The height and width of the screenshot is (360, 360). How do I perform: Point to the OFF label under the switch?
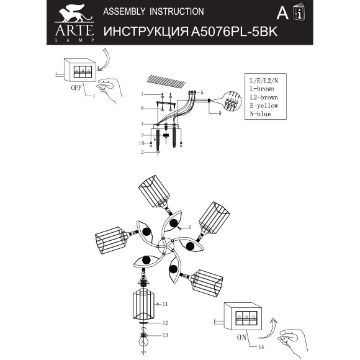coord(76,89)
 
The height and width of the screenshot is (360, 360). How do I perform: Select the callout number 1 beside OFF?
coord(94,96)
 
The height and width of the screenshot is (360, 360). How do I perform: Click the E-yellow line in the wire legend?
coord(261,106)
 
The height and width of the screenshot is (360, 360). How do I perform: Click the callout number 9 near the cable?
coord(220,114)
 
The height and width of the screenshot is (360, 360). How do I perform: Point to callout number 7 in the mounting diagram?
coord(142,94)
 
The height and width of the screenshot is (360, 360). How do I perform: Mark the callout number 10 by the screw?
coord(142,143)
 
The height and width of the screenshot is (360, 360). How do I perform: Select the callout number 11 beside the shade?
coord(165,304)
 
